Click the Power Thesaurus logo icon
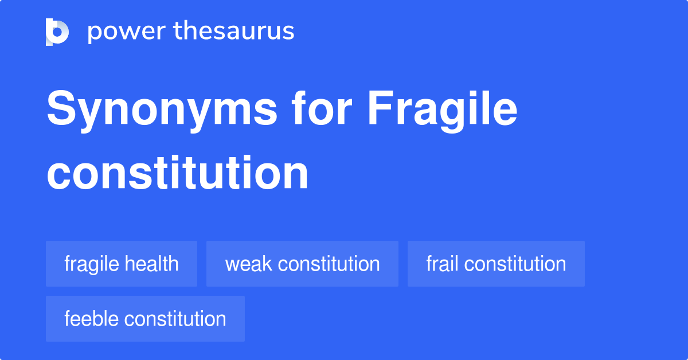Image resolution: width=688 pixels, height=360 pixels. (57, 32)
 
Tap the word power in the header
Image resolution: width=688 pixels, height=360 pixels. (123, 32)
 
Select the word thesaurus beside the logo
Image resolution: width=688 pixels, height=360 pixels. (234, 32)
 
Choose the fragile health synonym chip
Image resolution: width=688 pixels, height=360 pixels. (122, 264)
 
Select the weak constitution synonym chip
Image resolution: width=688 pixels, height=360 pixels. (302, 264)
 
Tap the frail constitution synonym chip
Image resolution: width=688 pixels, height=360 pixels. (496, 264)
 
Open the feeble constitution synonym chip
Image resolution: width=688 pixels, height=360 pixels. (145, 319)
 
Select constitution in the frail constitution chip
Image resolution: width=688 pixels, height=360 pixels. (515, 264)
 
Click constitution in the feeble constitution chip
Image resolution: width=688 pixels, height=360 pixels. (175, 319)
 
